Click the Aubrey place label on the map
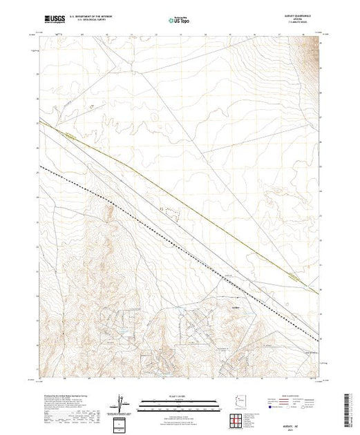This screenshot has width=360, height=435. tap(236, 289)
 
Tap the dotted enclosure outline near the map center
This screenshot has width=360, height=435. tap(169, 211)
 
